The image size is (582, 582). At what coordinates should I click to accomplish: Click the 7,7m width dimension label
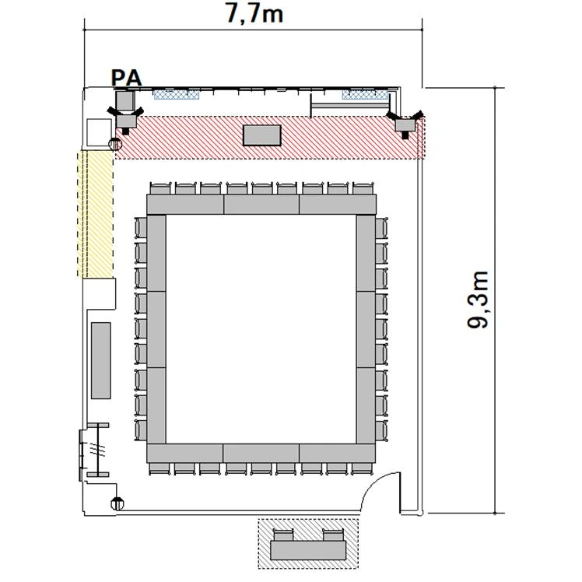[x=254, y=14]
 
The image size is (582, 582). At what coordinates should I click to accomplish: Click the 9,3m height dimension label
[x=478, y=300]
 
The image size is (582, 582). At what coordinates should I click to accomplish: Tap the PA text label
[x=127, y=79]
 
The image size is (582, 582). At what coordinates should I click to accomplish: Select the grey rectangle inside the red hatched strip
[x=262, y=135]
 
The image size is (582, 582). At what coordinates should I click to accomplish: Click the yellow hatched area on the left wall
[x=95, y=214]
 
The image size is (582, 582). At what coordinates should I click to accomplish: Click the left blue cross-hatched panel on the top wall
[x=177, y=94]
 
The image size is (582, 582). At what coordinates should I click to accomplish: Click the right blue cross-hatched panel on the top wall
[x=365, y=94]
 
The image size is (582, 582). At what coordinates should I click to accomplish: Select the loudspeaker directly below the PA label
[x=125, y=120]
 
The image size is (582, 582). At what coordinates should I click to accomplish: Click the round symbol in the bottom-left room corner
[x=117, y=503]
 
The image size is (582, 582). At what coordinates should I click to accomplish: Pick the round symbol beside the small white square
[x=114, y=144]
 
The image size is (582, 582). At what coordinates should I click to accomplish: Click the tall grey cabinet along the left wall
[x=101, y=360]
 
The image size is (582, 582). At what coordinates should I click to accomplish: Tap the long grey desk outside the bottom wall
[x=308, y=550]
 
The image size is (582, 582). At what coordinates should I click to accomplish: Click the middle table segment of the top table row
[x=261, y=205]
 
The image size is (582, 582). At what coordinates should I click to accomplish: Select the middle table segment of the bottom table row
[x=261, y=453]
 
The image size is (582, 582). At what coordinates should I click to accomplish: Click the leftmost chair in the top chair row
[x=161, y=188]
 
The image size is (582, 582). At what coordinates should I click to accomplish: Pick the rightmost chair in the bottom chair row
[x=362, y=468]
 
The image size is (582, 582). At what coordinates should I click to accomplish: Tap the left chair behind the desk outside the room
[x=283, y=535]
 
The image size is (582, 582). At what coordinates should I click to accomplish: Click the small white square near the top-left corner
[x=99, y=132]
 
